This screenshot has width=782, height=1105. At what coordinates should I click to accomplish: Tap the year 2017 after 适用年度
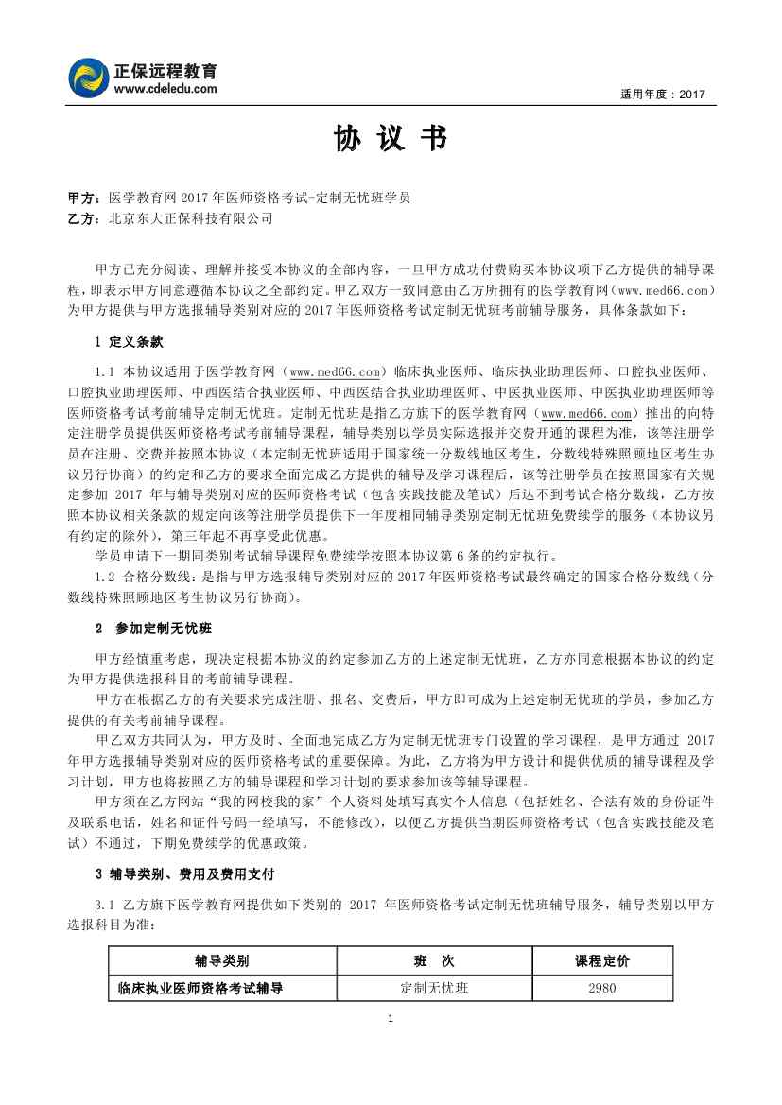click(692, 95)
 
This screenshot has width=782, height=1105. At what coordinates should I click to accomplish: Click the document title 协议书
click(390, 140)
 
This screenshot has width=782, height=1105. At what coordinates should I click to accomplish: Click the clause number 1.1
click(105, 371)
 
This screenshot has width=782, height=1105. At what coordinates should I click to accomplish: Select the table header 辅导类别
click(222, 961)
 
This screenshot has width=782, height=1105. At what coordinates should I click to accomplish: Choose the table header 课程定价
click(602, 961)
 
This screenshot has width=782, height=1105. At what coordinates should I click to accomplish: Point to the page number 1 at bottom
click(391, 1018)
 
